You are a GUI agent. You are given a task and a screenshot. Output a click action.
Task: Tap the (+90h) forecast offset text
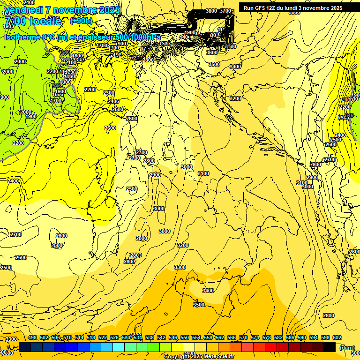(81, 21)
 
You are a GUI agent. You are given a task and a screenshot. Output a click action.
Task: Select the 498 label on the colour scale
(32, 337)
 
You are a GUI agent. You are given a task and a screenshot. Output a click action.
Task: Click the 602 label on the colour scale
(337, 337)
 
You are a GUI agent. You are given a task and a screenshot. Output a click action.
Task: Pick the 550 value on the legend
(185, 337)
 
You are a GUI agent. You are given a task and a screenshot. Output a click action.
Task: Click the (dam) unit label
(347, 347)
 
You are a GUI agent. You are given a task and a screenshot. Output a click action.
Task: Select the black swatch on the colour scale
(330, 347)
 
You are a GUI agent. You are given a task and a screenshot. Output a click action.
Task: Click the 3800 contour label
(211, 11)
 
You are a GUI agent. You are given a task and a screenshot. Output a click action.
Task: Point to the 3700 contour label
(225, 11)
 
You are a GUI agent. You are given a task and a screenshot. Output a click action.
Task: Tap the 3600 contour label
(211, 53)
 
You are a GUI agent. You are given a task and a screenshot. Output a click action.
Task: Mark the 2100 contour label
(71, 63)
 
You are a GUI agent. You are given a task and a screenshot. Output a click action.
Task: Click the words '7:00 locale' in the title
(32, 21)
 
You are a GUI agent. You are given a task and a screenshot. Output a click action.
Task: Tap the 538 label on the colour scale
(150, 337)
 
